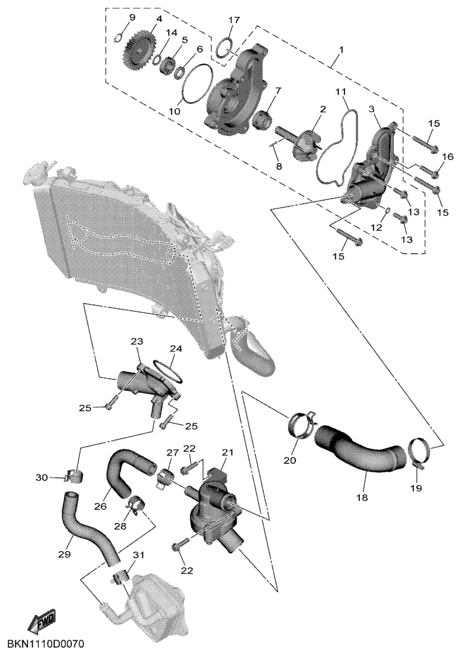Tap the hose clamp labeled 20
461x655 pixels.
300,425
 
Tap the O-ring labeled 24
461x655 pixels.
169,369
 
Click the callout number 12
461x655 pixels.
376,228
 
